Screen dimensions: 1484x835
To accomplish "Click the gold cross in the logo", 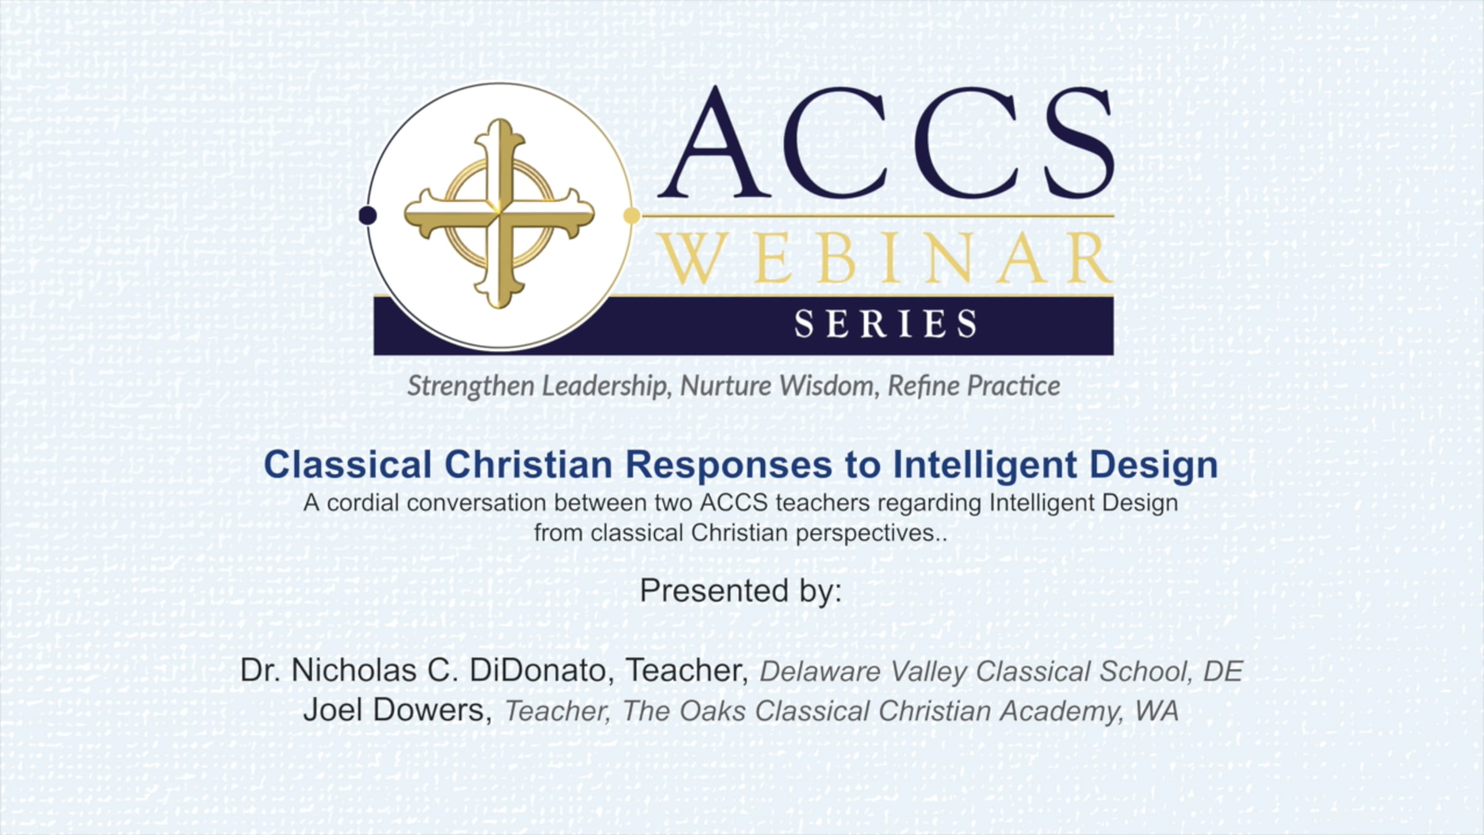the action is [x=500, y=214].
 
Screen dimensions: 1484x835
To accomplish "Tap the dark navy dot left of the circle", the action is [x=368, y=215].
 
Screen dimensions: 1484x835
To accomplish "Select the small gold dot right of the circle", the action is [x=632, y=215].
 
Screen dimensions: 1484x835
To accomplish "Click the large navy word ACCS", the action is [x=886, y=143].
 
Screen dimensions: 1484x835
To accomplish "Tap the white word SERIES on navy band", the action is [x=885, y=324].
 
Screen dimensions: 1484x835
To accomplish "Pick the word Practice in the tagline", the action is [x=1014, y=386].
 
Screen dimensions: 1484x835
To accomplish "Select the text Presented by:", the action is [x=741, y=591].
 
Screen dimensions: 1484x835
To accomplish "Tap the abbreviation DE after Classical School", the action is [x=1222, y=672].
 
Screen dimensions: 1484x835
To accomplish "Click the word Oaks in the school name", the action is [x=713, y=711].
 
